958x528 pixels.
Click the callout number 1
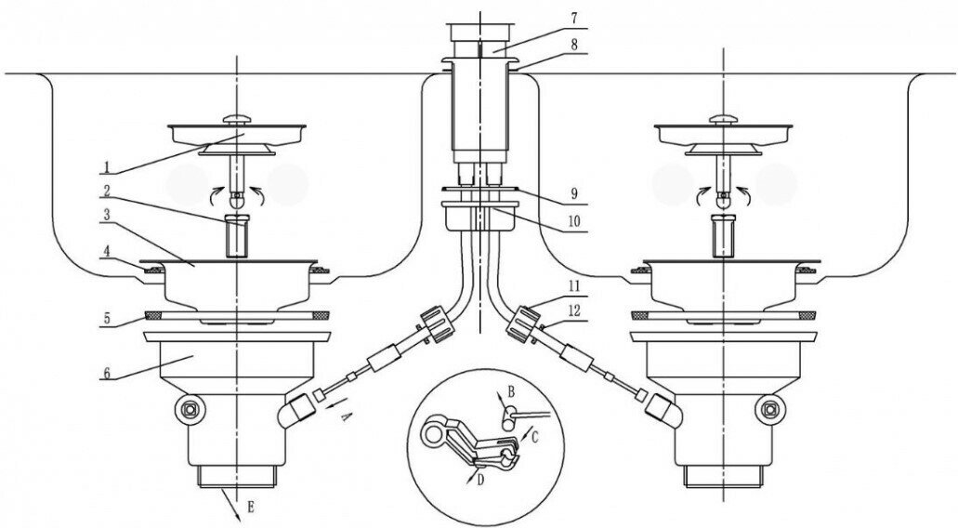pos(108,168)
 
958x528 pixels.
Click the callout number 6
pos(108,373)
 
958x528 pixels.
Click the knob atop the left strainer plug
pos(238,117)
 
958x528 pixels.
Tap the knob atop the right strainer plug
pos(724,117)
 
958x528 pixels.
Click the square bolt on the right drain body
pos(770,406)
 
